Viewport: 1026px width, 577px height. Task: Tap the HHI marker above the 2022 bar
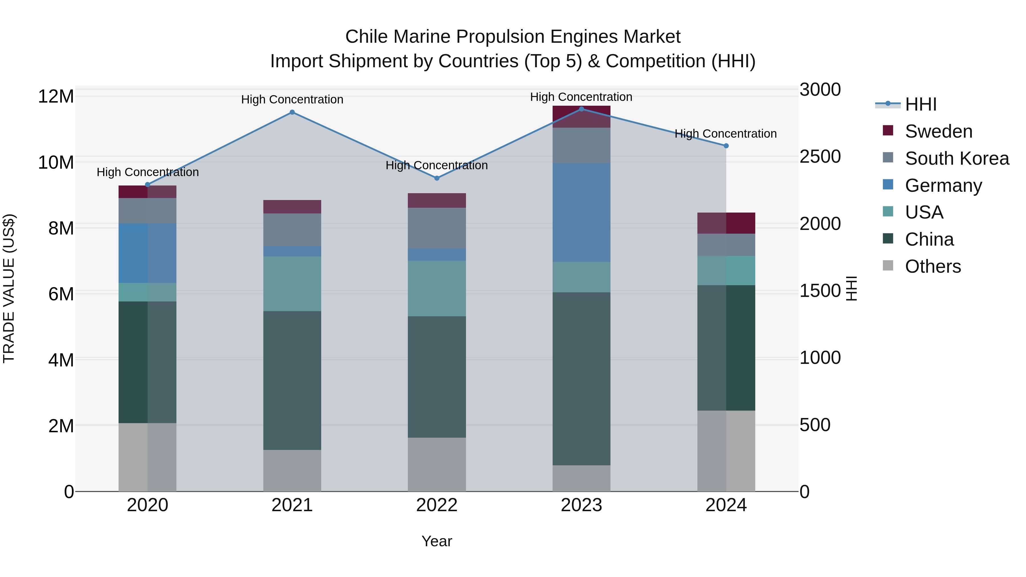tap(437, 178)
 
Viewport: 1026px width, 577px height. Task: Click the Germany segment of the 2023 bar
tap(581, 212)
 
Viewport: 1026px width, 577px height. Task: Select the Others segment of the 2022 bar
tap(437, 464)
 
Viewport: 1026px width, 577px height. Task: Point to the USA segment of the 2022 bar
tap(437, 288)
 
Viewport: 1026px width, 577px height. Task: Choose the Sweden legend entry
tap(939, 131)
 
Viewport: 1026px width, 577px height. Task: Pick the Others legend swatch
tap(888, 266)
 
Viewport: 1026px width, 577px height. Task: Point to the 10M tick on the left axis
tap(56, 162)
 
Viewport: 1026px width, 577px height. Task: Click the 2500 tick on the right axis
tap(820, 156)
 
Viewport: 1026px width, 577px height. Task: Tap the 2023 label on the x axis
tap(581, 505)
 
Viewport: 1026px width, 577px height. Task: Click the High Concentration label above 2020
tap(147, 172)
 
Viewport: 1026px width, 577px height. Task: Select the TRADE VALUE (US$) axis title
tap(9, 288)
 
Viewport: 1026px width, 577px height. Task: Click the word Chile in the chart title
tap(366, 37)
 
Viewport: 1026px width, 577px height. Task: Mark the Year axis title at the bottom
tap(437, 541)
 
